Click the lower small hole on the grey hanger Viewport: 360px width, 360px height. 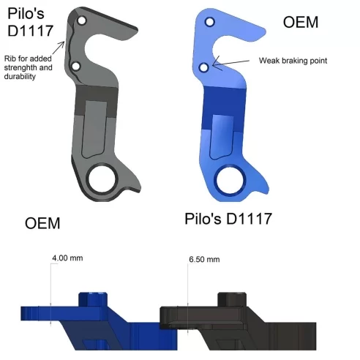click(x=75, y=67)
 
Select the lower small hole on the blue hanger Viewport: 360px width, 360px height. click(x=204, y=68)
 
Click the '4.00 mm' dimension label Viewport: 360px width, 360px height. click(x=67, y=258)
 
